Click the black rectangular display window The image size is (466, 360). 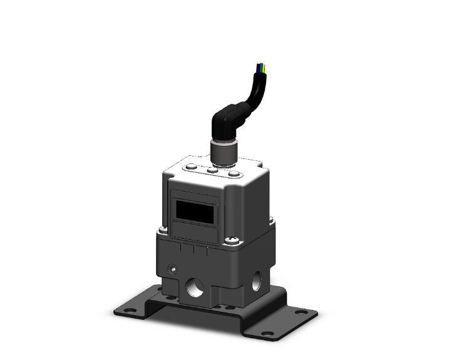197,208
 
